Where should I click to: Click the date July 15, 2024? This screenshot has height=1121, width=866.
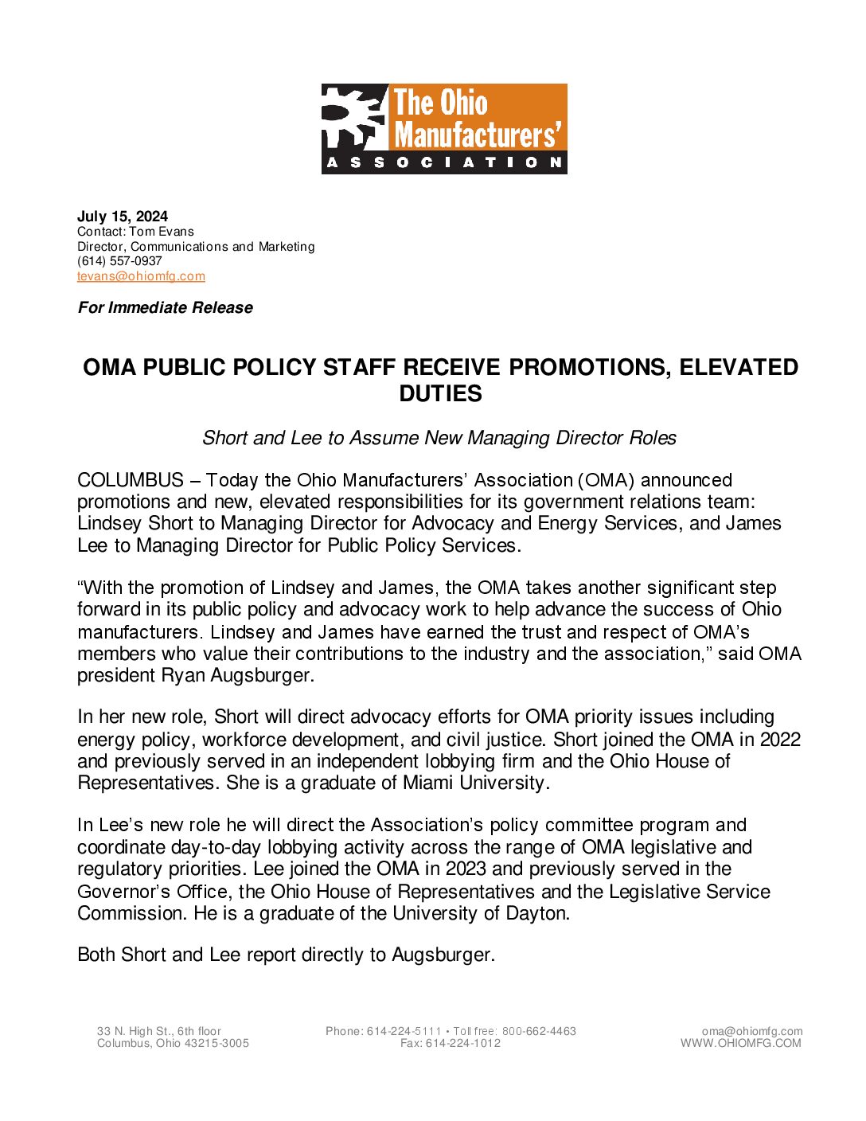[x=123, y=217]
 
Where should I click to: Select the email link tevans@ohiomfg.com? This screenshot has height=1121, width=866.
[x=141, y=276]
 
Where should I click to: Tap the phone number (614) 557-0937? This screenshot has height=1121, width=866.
[x=119, y=261]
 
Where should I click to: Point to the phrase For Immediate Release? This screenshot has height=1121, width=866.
[x=166, y=308]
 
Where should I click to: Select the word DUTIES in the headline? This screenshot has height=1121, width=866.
[x=440, y=393]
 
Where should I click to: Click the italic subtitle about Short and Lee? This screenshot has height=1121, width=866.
[x=439, y=438]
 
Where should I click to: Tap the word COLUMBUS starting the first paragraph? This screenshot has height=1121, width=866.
[x=131, y=481]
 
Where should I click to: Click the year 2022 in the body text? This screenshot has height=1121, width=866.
[x=780, y=739]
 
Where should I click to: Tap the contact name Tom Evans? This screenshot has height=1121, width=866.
[x=162, y=232]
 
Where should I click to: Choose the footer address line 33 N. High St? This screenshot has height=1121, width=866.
[x=159, y=1031]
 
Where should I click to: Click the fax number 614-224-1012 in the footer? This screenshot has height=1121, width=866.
[x=463, y=1043]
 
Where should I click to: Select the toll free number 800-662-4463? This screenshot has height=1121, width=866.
[x=539, y=1031]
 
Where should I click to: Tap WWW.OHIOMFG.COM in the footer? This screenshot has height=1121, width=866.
[x=740, y=1043]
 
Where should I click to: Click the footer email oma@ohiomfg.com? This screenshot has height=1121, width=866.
[x=752, y=1031]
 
